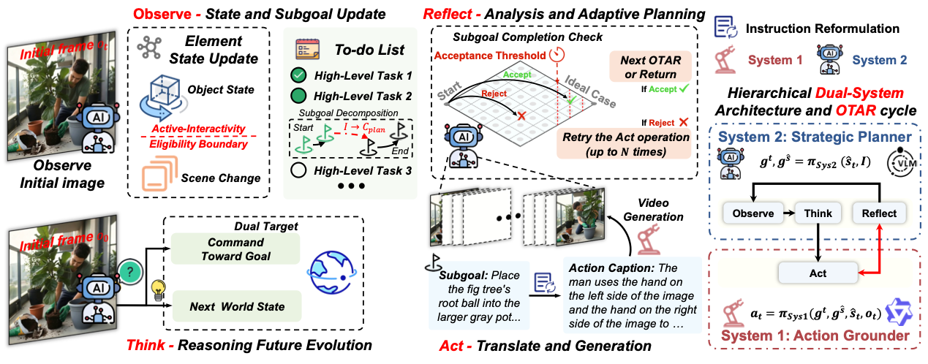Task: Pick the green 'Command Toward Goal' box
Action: pos(235,249)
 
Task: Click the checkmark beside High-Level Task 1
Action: pos(298,75)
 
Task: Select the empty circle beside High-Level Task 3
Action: pos(298,172)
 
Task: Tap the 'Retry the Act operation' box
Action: pos(624,144)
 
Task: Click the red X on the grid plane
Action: pos(521,116)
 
